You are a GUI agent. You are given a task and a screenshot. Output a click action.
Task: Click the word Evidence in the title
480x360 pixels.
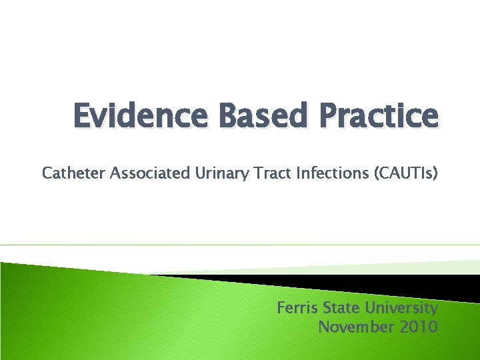pyautogui.click(x=129, y=117)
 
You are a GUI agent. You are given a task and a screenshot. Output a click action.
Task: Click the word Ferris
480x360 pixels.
pyautogui.click(x=297, y=308)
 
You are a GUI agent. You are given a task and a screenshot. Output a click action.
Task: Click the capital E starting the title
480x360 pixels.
pyautogui.click(x=81, y=117)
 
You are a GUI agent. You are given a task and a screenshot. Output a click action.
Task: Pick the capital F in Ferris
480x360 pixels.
pyautogui.click(x=281, y=308)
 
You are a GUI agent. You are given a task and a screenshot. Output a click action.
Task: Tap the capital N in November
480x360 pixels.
pyautogui.click(x=324, y=327)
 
